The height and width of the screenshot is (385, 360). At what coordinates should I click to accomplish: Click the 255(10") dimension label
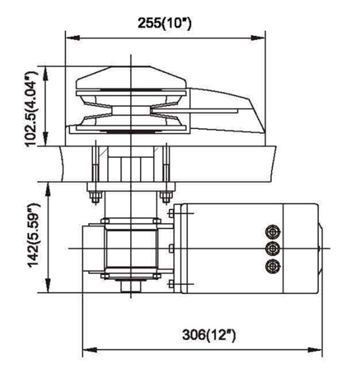tap(164, 23)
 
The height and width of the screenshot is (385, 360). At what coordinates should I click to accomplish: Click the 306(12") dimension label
tap(209, 335)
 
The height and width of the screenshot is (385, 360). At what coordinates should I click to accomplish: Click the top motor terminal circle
tap(273, 232)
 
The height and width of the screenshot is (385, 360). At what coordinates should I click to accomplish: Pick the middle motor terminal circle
tap(273, 248)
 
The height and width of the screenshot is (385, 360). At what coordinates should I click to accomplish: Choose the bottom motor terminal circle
tap(273, 266)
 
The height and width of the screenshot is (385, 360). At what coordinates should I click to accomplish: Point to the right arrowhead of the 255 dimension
tap(258, 38)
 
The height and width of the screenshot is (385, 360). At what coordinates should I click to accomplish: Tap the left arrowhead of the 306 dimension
tap(90, 350)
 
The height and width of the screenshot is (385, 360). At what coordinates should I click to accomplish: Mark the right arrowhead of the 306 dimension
tap(314, 350)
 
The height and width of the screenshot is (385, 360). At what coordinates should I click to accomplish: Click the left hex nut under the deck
tap(95, 198)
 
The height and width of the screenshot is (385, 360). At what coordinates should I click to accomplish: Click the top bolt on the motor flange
tap(171, 213)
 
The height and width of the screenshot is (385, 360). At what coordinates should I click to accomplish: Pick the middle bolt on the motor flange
tap(171, 248)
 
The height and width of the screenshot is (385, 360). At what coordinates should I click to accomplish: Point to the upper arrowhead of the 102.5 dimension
tap(46, 73)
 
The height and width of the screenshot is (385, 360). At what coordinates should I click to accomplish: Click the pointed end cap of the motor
tap(320, 248)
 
